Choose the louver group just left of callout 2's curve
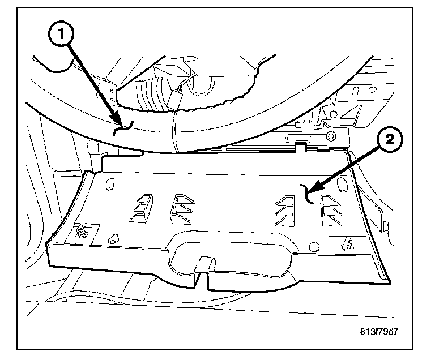285,208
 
